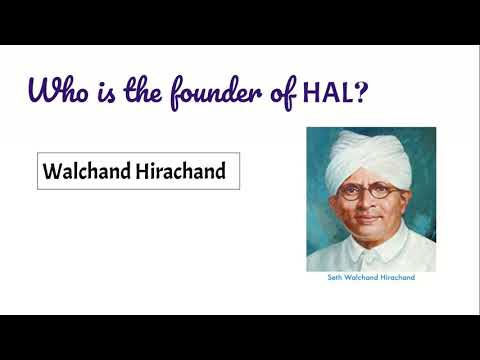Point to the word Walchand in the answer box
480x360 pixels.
coord(84,172)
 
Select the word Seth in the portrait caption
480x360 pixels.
coord(336,278)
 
